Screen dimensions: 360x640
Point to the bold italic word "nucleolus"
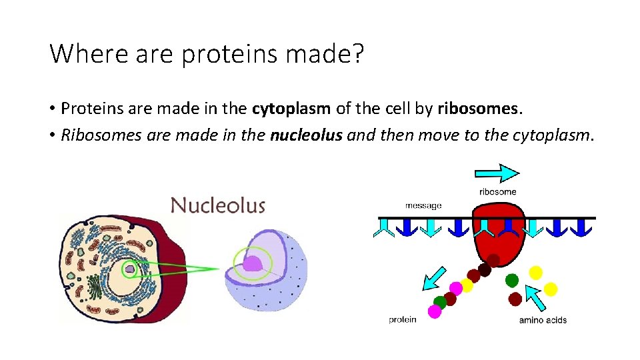tap(306, 135)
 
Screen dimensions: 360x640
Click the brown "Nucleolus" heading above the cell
tap(218, 205)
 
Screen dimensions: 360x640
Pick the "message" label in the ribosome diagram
tap(423, 205)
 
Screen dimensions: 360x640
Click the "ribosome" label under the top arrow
tap(497, 192)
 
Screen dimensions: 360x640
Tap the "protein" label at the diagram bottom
tap(402, 319)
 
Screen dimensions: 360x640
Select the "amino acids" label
tap(543, 320)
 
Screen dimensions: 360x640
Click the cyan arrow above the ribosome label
tap(497, 173)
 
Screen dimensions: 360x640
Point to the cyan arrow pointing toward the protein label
tap(434, 278)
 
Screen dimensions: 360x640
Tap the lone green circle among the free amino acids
tap(512, 280)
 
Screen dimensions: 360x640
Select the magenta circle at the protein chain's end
tap(435, 311)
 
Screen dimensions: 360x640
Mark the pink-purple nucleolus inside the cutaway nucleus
tap(252, 264)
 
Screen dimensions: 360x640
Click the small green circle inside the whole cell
tap(131, 269)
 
